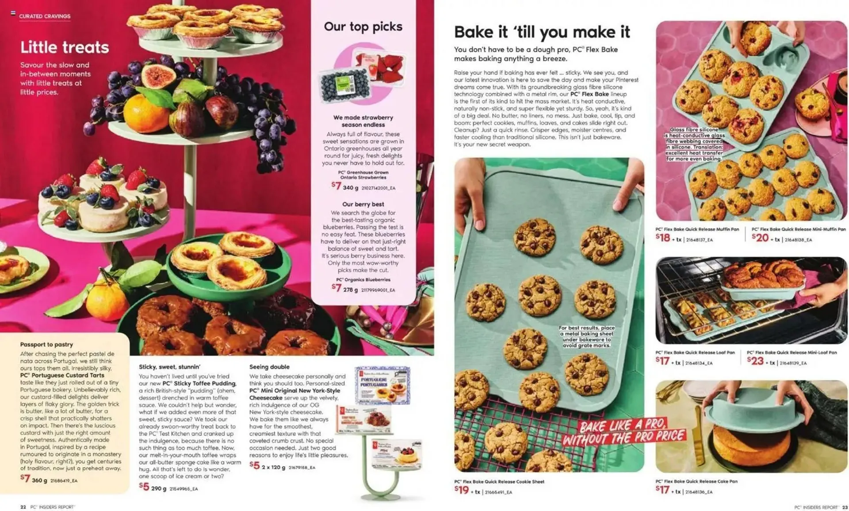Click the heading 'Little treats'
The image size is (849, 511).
click(x=65, y=47)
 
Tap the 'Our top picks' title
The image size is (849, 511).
click(x=363, y=27)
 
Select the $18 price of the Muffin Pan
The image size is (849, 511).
click(x=663, y=238)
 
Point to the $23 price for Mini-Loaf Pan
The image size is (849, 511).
click(x=757, y=361)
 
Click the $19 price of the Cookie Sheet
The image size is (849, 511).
click(x=461, y=490)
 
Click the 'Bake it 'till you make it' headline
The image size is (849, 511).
click(x=542, y=32)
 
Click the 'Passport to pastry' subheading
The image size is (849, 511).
click(x=46, y=344)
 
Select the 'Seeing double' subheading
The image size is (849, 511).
click(x=269, y=367)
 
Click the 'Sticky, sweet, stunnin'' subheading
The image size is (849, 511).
click(x=170, y=367)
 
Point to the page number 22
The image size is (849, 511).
click(x=23, y=507)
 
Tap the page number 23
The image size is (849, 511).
click(x=845, y=507)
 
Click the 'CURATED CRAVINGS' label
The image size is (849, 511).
click(x=45, y=16)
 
